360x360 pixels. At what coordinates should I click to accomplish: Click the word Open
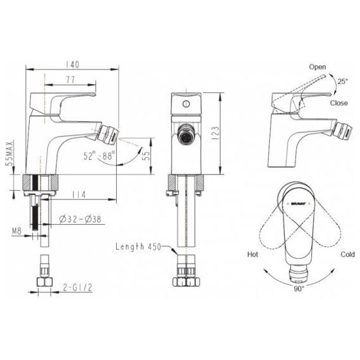pos(318,66)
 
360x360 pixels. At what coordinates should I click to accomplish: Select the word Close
pos(338,102)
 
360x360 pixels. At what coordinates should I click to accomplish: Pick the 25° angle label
pos(342,81)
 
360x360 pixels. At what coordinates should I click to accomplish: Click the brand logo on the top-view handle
pos(296,204)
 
